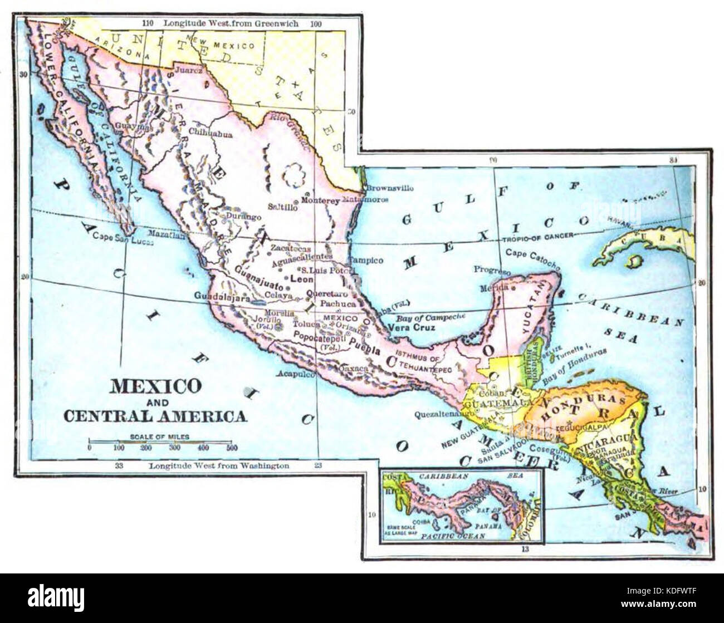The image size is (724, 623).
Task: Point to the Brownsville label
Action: click(389, 188)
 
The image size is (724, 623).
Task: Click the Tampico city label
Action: click(366, 261)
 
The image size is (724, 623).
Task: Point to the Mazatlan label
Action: click(165, 235)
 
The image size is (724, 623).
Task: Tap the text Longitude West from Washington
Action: click(219, 465)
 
